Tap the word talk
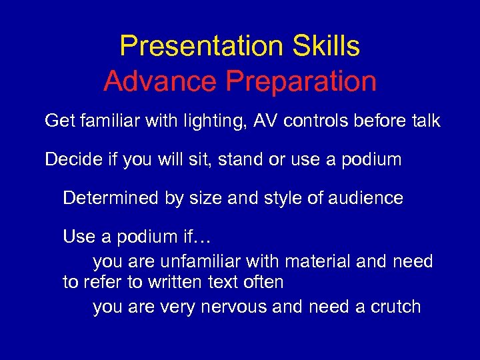tap(424, 121)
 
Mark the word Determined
tap(107, 198)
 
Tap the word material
tap(314, 261)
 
